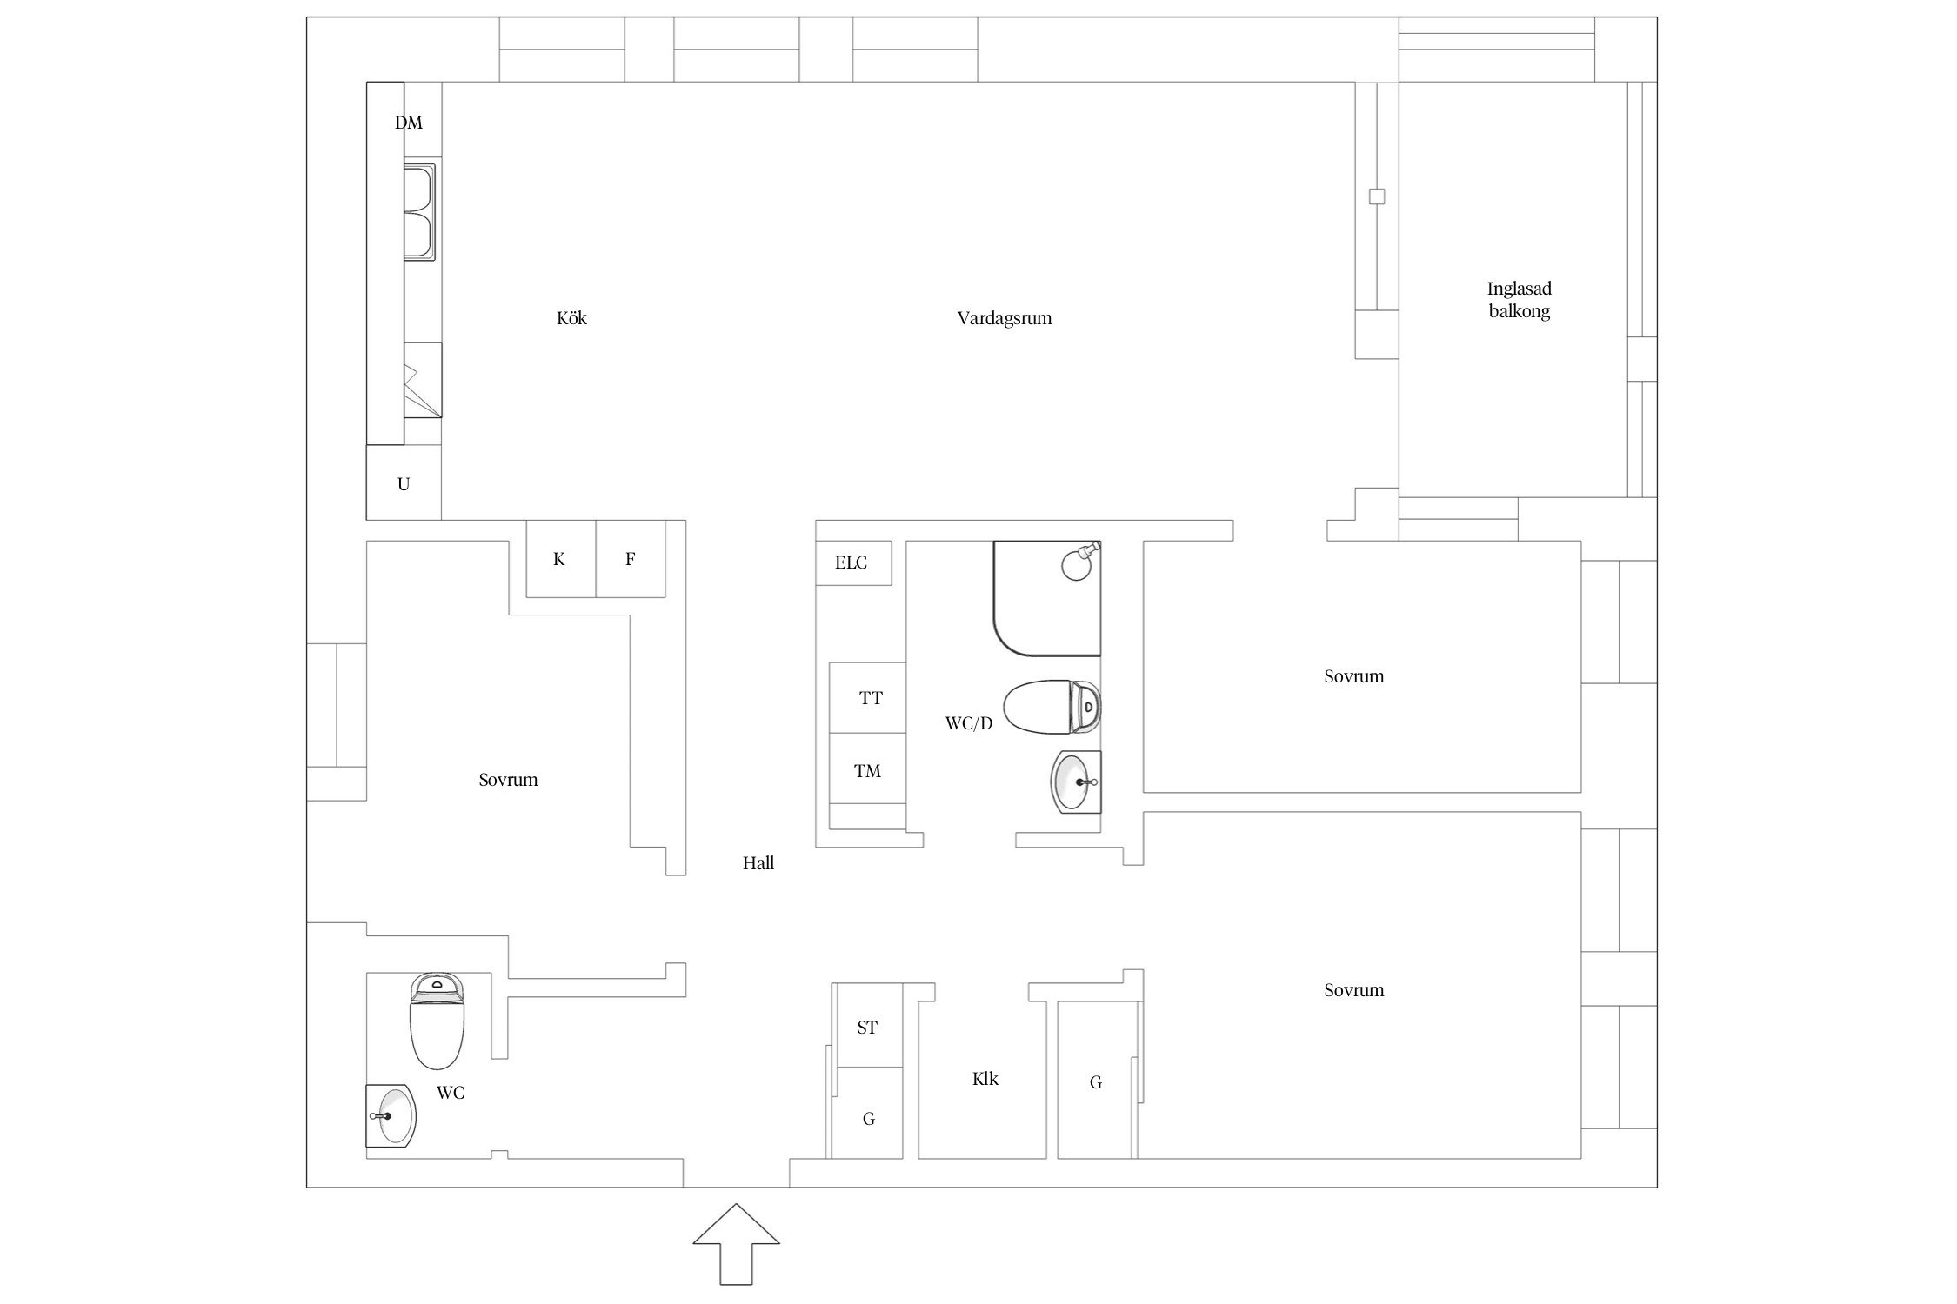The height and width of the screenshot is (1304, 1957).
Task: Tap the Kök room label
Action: click(x=571, y=318)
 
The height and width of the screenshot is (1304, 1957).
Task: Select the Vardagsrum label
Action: click(x=1005, y=318)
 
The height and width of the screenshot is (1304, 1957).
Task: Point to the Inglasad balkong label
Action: click(x=1519, y=300)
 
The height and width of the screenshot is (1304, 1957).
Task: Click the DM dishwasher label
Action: click(x=409, y=123)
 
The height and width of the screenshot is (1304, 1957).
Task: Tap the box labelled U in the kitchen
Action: click(x=404, y=482)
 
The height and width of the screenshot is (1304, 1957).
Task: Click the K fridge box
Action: click(x=561, y=558)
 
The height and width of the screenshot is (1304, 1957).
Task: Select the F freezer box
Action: click(x=631, y=558)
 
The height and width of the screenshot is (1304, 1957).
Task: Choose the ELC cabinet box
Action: click(x=854, y=562)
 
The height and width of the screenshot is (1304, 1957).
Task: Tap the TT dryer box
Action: click(x=867, y=697)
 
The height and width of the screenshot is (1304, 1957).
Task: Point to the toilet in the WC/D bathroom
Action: click(x=1052, y=707)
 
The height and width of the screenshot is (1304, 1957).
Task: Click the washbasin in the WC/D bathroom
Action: click(x=1077, y=782)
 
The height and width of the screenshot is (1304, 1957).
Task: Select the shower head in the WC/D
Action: click(x=1081, y=561)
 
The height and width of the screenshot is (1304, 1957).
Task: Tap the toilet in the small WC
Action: click(x=437, y=1021)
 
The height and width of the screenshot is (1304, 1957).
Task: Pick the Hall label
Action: click(x=758, y=863)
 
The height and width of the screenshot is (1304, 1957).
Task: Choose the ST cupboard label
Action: click(x=867, y=1028)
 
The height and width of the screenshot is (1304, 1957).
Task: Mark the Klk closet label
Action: click(x=985, y=1079)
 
